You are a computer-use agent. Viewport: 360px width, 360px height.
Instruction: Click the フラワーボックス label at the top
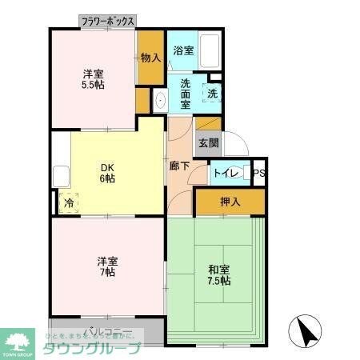(107, 22)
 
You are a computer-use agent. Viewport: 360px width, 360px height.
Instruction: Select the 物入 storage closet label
(150, 58)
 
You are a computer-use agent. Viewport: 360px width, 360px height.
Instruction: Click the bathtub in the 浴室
(210, 52)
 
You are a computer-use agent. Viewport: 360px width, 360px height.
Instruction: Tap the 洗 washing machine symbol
(212, 94)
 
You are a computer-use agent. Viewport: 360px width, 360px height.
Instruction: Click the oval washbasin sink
(160, 101)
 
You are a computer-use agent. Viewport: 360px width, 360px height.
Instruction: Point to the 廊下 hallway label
(179, 166)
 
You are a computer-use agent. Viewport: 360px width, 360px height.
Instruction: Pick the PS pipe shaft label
(258, 172)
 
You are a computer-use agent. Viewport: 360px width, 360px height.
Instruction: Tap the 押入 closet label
(230, 202)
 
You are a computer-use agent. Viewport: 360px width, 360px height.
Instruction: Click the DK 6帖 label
(107, 173)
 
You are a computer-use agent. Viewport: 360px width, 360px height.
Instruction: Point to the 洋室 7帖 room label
(107, 266)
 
